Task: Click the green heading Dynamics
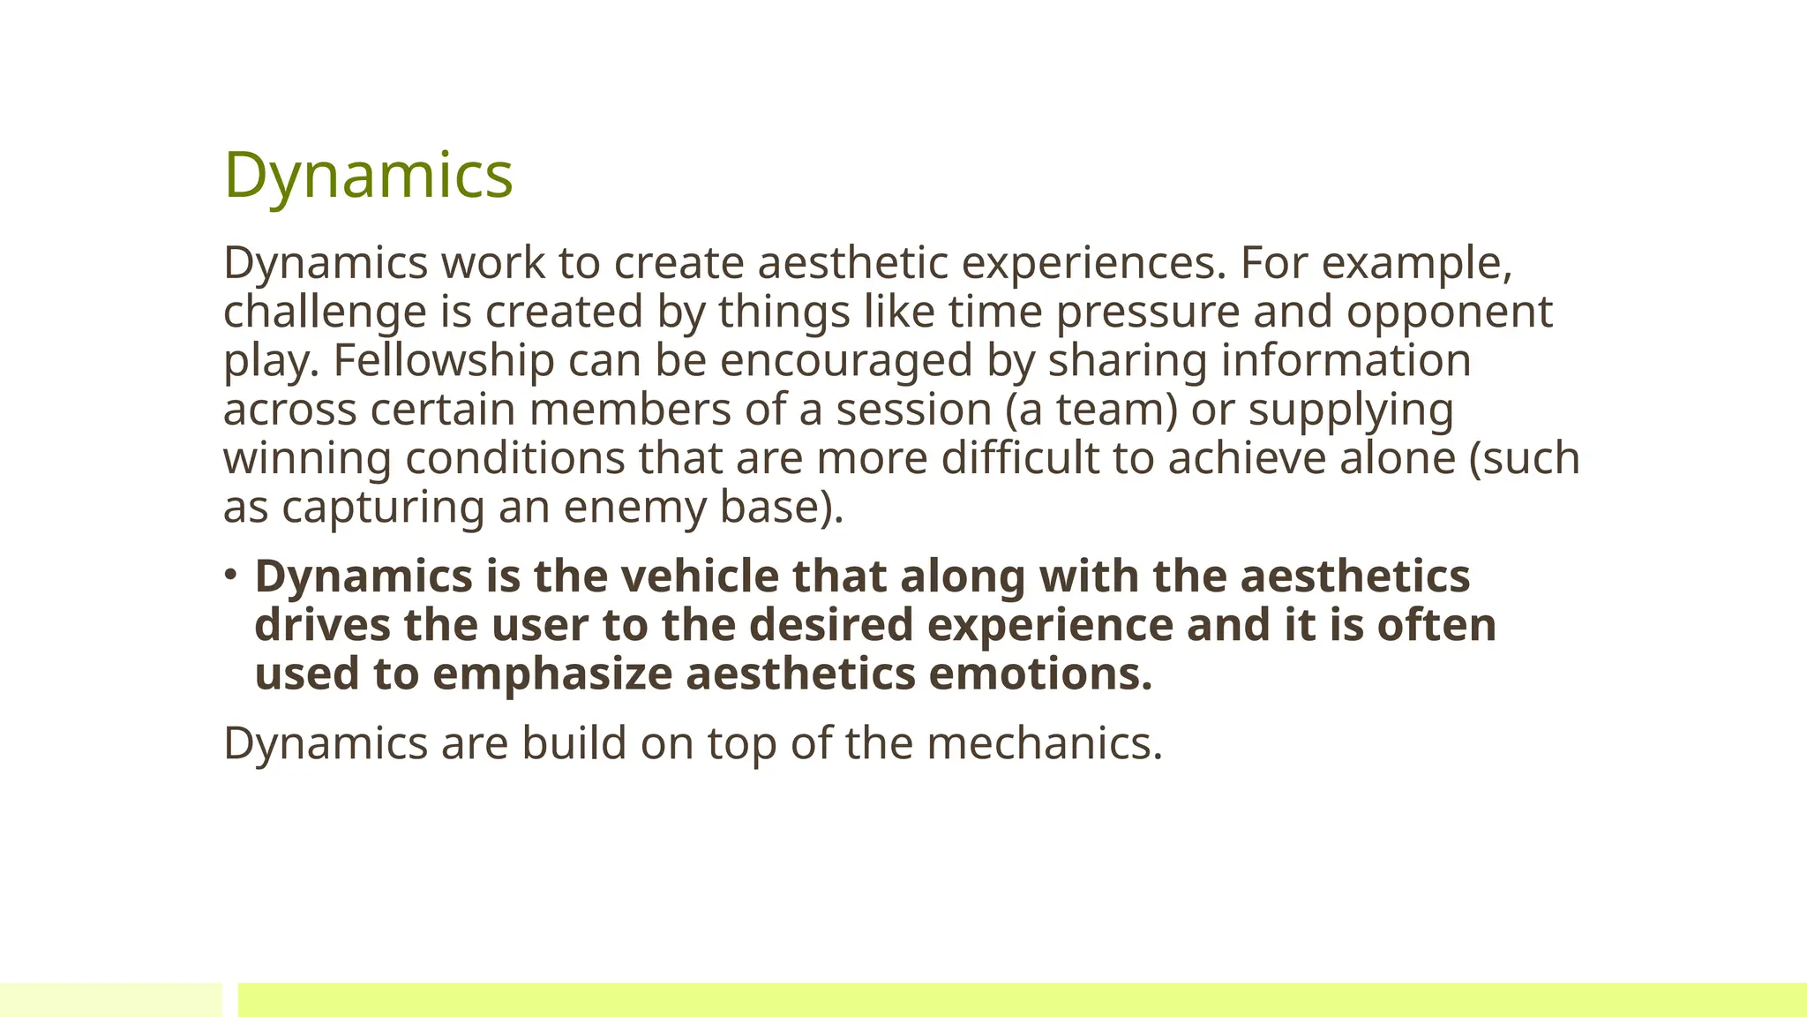[368, 175]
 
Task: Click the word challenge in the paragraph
[325, 312]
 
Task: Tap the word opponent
[1449, 312]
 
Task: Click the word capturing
[383, 507]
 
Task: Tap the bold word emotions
[1040, 674]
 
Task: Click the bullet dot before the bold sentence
[231, 575]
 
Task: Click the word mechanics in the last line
[1044, 743]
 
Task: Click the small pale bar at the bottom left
[111, 999]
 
